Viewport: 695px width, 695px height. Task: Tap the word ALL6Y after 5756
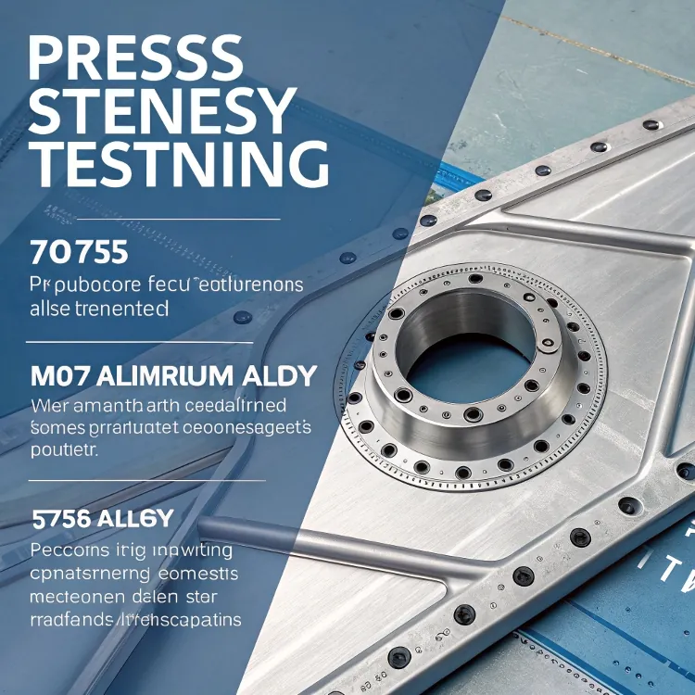pyautogui.click(x=139, y=518)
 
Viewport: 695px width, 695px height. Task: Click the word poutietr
pyautogui.click(x=64, y=449)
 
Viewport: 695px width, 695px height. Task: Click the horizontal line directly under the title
pyautogui.click(x=177, y=220)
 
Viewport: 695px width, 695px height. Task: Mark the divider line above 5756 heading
pyautogui.click(x=146, y=480)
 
